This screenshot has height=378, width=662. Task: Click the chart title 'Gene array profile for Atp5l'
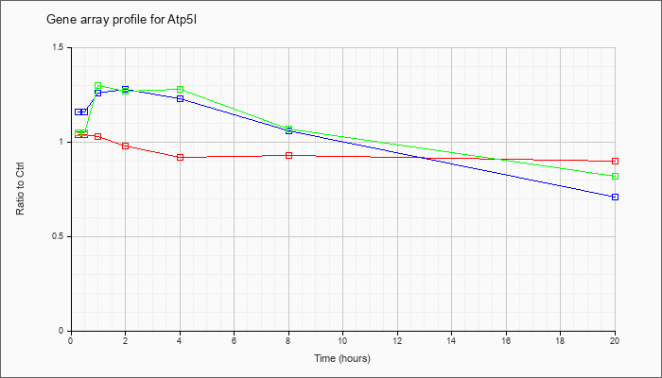(122, 20)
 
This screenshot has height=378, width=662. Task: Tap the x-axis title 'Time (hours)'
(342, 358)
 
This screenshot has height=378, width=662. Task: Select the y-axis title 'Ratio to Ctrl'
(20, 188)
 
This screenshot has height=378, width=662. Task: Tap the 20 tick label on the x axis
(615, 339)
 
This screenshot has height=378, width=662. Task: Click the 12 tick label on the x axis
(397, 339)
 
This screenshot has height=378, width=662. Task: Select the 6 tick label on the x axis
(234, 339)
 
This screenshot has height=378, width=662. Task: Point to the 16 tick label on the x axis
(506, 339)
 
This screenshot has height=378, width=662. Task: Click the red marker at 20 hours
(615, 162)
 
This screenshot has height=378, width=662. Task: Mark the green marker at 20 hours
(615, 176)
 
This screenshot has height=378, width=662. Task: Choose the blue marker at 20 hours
(615, 197)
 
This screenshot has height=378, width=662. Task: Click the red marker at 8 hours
(288, 156)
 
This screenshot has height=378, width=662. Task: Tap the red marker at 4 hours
(181, 158)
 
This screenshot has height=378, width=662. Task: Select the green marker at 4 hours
(181, 90)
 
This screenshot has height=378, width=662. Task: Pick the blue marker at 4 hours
(181, 98)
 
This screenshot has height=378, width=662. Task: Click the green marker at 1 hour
(98, 86)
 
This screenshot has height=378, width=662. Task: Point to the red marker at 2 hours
(126, 146)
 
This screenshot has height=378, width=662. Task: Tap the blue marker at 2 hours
(126, 89)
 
